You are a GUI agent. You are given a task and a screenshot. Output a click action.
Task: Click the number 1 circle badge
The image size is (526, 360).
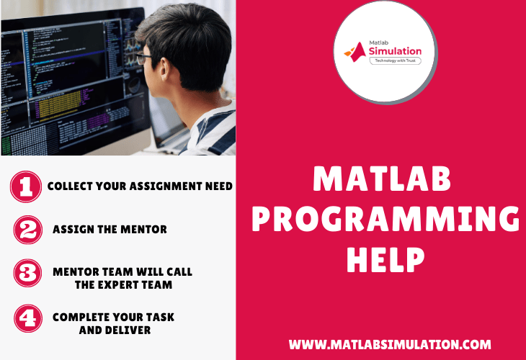pyautogui.click(x=26, y=186)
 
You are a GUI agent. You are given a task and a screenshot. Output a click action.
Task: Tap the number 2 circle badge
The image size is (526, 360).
pyautogui.click(x=27, y=230)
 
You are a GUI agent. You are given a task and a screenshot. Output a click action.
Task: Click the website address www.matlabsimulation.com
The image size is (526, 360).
pyautogui.click(x=390, y=344)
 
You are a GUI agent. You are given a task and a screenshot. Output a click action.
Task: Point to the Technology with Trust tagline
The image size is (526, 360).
pyautogui.click(x=394, y=62)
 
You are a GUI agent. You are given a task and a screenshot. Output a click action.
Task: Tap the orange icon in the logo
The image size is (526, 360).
pyautogui.click(x=356, y=50)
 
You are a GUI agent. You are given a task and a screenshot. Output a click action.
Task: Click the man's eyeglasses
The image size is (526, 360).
pyautogui.click(x=143, y=58)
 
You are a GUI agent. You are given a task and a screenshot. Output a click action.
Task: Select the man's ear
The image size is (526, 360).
pyautogui.click(x=183, y=64)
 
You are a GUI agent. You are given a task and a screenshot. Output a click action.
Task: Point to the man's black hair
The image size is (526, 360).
pyautogui.click(x=180, y=29)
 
